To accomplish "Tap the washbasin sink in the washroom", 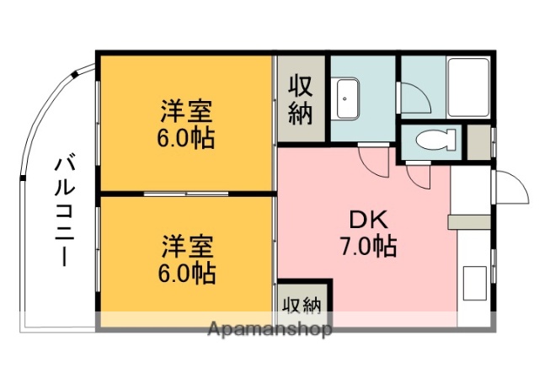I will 348,98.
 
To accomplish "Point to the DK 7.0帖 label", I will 369,233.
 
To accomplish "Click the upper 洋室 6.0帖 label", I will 187,124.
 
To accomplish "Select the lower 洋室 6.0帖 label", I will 187,259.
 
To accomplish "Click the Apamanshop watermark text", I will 269,328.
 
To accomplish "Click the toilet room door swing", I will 419,175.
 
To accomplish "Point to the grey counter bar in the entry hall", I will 468,221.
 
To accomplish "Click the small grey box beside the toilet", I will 477,141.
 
